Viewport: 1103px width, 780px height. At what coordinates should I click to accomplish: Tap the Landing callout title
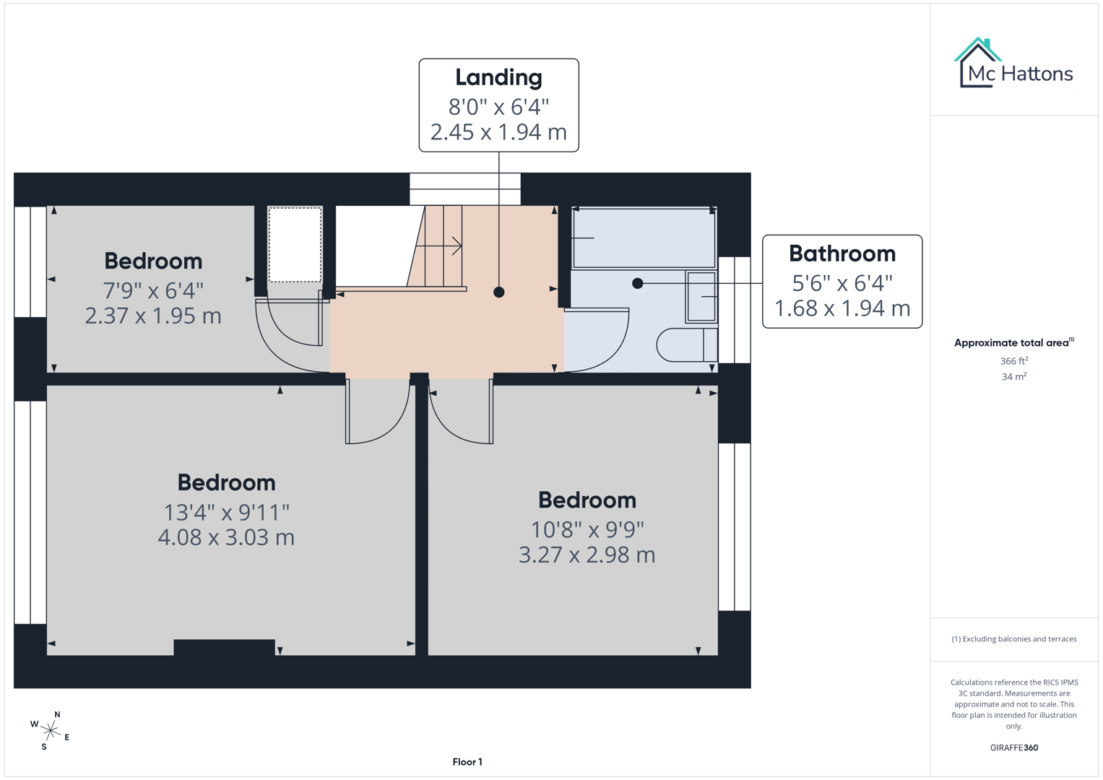[x=498, y=77]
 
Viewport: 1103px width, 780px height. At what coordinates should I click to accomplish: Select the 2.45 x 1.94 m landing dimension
[x=498, y=132]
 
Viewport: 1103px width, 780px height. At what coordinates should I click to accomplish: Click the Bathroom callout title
[x=842, y=253]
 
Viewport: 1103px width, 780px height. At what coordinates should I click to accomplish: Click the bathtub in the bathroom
[x=644, y=238]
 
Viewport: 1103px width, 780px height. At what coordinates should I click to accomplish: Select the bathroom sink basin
[x=701, y=296]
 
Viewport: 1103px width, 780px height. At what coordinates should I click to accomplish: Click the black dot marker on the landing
[x=499, y=292]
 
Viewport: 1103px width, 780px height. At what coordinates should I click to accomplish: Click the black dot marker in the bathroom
[x=637, y=284]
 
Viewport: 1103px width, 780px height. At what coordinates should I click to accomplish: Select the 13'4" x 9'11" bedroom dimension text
[x=226, y=512]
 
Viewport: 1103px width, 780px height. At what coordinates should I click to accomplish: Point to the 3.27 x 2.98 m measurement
[x=587, y=555]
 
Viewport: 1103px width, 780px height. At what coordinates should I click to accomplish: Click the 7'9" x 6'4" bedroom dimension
[x=153, y=290]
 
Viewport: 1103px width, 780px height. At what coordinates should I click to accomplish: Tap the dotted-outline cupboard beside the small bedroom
[x=295, y=245]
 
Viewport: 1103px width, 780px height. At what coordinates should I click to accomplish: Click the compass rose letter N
[x=57, y=714]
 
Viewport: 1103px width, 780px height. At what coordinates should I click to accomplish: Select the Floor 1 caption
[x=467, y=761]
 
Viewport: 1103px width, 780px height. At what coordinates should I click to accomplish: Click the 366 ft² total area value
[x=1013, y=360]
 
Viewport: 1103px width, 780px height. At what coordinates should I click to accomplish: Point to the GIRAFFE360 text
[x=1013, y=747]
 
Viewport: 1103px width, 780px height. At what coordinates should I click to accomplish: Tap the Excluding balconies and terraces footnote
[x=1013, y=638]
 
